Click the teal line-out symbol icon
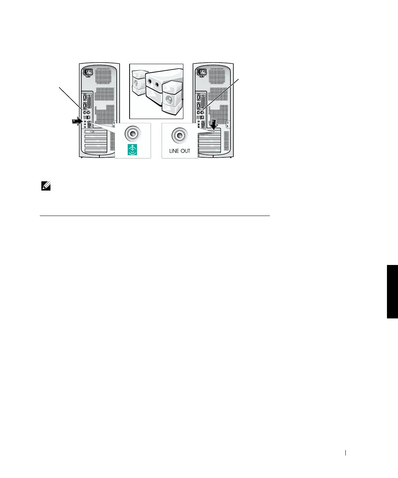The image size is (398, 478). pos(132,150)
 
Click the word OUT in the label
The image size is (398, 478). pos(186,151)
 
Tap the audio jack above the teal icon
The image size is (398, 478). pos(132,134)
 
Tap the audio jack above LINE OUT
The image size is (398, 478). pos(179,136)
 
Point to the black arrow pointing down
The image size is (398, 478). pos(214,124)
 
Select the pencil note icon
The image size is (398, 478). pos(46,187)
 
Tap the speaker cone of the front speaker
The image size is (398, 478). pos(169,99)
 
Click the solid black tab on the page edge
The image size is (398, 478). pos(392,291)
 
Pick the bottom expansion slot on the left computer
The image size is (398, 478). pos(96,150)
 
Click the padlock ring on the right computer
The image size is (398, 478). pos(228,125)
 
